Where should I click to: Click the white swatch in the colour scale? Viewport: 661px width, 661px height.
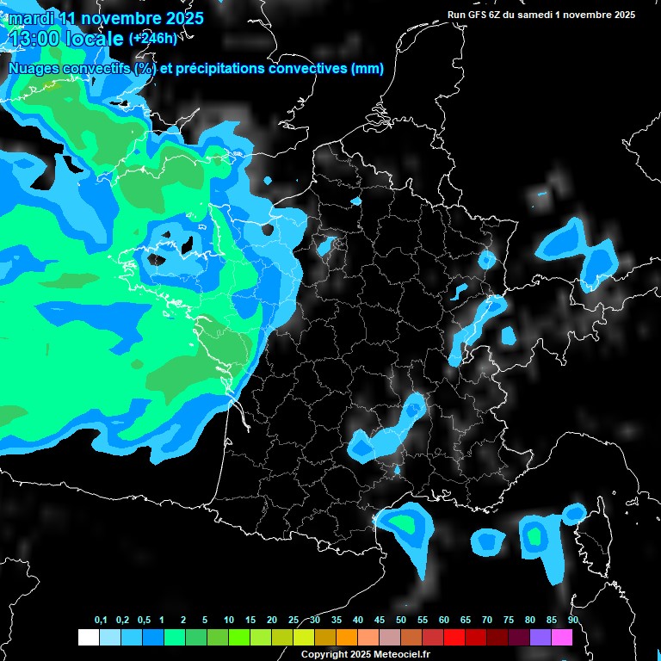click(88, 637)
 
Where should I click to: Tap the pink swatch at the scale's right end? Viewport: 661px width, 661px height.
click(562, 637)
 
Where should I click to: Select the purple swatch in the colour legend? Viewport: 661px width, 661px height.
click(541, 637)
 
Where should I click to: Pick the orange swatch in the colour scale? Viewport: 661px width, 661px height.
click(347, 637)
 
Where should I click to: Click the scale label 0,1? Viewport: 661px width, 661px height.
click(101, 621)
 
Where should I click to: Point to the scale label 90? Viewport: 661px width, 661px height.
click(573, 621)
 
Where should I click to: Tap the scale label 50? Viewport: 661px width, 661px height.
click(401, 621)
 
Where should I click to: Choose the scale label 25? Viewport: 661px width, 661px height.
click(293, 621)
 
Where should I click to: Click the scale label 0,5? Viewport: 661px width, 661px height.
click(144, 621)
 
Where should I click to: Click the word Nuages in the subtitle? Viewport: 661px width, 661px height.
click(33, 69)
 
